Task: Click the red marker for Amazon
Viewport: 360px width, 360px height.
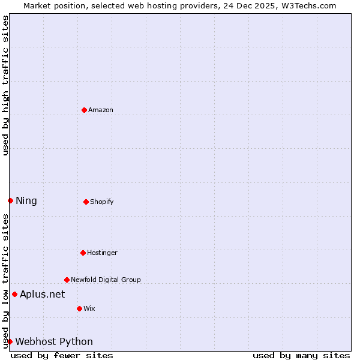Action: click(84, 110)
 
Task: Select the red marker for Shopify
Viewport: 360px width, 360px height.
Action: click(86, 202)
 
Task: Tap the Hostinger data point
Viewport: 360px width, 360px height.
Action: click(83, 253)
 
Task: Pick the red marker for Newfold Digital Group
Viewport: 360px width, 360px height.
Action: click(67, 280)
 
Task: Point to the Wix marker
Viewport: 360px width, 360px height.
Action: click(79, 308)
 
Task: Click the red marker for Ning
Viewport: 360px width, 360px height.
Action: click(10, 200)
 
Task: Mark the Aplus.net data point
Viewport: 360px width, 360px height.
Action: click(14, 294)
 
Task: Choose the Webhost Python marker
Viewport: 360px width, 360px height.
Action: click(10, 341)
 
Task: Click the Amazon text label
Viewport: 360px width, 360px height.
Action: click(101, 110)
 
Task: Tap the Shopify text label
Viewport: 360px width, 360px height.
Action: click(102, 202)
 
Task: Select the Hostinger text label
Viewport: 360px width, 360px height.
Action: click(102, 253)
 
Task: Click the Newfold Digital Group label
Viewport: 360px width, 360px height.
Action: click(106, 280)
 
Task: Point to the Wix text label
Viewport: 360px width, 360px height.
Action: click(89, 308)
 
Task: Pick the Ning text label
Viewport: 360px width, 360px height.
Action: click(26, 200)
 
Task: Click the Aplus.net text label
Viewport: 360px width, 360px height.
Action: click(42, 294)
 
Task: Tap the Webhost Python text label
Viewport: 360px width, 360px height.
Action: click(54, 341)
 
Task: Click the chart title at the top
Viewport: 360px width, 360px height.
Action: click(180, 5)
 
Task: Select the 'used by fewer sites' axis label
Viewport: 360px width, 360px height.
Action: click(62, 355)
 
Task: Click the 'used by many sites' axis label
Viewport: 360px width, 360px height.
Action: click(301, 355)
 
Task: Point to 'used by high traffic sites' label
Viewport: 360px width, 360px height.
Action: click(5, 85)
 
